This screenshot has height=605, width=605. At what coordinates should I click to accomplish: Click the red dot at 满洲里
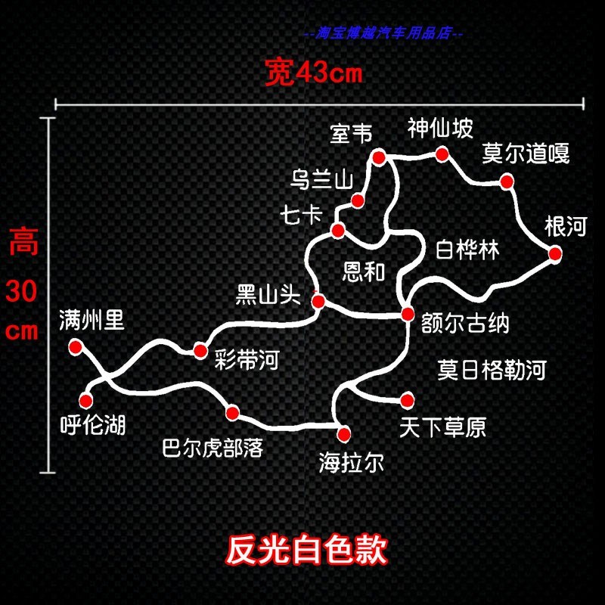click(75, 346)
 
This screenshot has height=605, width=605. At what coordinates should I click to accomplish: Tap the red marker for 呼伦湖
click(85, 400)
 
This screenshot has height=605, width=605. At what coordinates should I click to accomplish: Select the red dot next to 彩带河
click(200, 350)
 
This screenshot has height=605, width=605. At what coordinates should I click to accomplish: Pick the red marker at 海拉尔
click(344, 433)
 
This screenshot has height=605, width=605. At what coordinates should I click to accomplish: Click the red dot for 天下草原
click(408, 399)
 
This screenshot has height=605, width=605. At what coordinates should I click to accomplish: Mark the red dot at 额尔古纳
click(408, 314)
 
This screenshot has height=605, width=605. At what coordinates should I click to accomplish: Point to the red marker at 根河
click(554, 254)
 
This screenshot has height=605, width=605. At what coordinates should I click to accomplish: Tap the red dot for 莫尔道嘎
click(506, 181)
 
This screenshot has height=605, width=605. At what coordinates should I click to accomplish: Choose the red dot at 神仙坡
click(442, 154)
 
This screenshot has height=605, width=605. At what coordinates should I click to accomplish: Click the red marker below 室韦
click(379, 157)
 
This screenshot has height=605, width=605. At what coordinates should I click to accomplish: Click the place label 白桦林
click(467, 250)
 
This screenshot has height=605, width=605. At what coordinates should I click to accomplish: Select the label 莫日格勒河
click(492, 370)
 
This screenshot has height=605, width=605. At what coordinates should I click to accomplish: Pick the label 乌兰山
click(322, 180)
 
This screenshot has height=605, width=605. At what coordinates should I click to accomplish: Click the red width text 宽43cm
click(314, 74)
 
